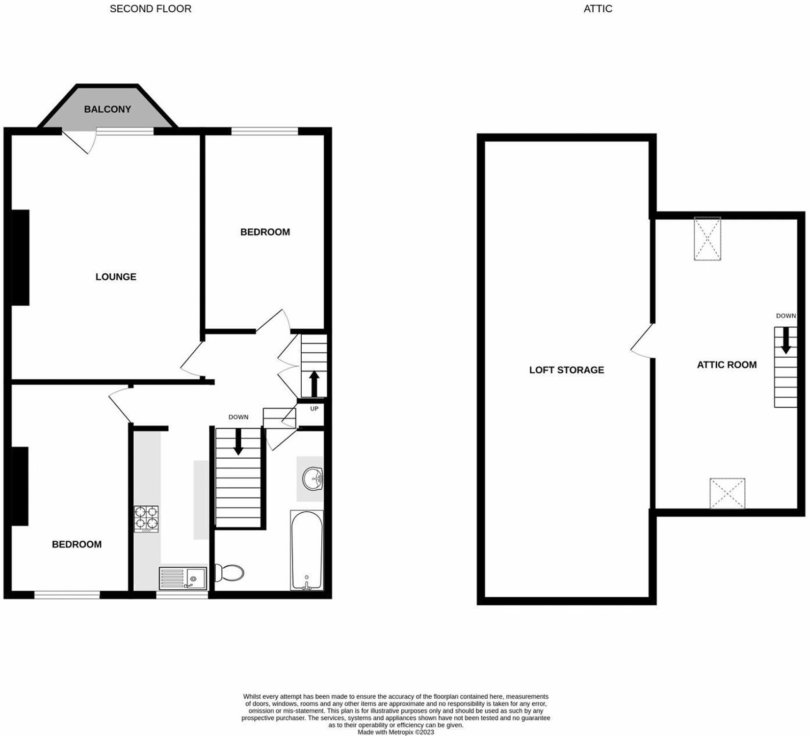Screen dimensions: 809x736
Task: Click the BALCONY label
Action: [107, 109]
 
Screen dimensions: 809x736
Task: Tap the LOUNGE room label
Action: [116, 277]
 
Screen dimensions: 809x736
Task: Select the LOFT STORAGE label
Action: [567, 370]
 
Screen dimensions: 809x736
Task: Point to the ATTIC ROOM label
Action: [727, 365]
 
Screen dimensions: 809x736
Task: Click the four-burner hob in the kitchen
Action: [146, 519]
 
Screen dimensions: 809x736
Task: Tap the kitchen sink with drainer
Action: [183, 578]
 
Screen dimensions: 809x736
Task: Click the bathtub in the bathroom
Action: [307, 550]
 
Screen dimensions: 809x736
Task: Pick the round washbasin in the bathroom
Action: [312, 478]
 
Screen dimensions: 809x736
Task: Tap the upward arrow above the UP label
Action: [314, 384]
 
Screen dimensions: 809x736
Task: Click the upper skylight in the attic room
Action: [707, 238]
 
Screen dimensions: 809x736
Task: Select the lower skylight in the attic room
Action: [728, 493]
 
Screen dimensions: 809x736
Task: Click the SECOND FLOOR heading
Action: [151, 9]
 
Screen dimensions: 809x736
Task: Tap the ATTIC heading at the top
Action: [598, 9]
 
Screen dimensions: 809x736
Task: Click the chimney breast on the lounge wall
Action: [20, 258]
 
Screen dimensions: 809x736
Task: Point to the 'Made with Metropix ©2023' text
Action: [396, 732]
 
